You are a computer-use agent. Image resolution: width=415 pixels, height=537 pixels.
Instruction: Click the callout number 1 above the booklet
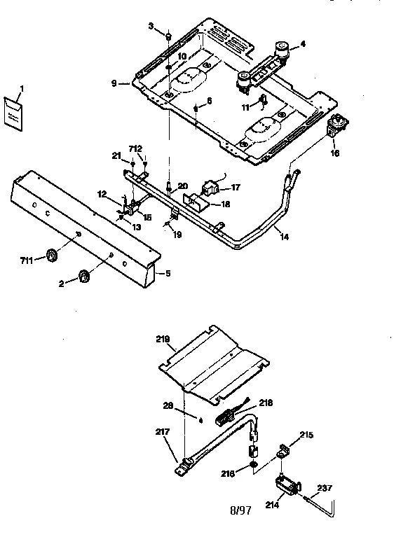click(21, 88)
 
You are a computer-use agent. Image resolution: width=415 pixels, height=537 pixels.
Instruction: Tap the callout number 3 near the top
click(150, 26)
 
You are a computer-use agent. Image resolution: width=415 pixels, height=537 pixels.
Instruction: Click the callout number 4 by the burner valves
click(303, 43)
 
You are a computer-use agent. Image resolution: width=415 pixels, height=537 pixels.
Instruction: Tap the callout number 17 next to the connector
click(236, 188)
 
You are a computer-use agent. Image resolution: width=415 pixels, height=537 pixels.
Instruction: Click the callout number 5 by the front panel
click(168, 274)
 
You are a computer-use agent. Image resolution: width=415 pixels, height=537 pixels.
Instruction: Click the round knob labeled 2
click(84, 277)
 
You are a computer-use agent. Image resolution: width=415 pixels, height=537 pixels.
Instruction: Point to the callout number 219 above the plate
click(162, 338)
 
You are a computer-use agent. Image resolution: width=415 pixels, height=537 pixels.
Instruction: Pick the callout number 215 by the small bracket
click(306, 435)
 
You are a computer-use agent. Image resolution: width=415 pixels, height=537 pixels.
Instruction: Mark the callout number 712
click(135, 148)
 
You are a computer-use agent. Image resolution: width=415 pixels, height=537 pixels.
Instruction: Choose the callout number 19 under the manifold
click(177, 235)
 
